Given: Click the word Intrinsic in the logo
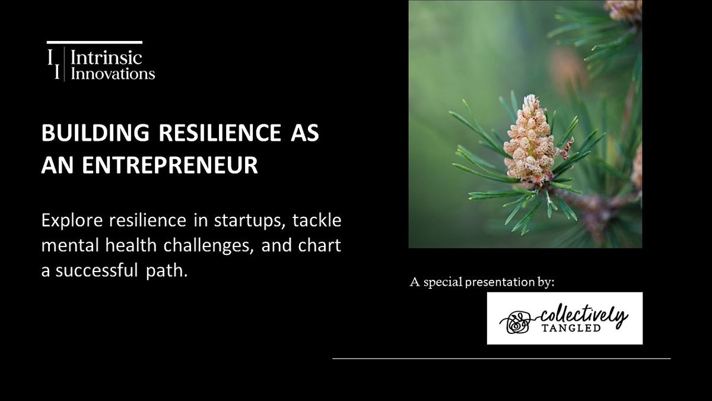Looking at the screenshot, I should [x=107, y=58].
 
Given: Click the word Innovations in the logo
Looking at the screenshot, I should [x=113, y=73].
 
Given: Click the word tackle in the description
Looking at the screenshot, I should [x=318, y=221].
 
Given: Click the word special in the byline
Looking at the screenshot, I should [x=441, y=282].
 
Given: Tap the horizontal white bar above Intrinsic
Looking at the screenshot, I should [x=94, y=42].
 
